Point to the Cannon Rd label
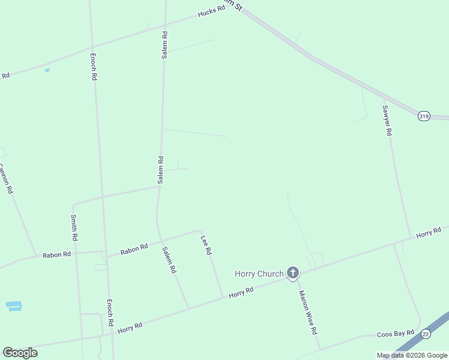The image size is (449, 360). click(5, 178)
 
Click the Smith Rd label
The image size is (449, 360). click(74, 227)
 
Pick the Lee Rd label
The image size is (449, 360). click(206, 245)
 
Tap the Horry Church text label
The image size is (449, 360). click(259, 274)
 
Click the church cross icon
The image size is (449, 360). click(292, 274)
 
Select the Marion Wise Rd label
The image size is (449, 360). click(308, 312)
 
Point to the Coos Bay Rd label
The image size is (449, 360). click(396, 334)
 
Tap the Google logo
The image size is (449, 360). click(20, 352)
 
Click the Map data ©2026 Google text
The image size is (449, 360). click(412, 355)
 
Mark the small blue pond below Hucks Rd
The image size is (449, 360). click(47, 70)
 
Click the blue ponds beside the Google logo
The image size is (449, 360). click(14, 306)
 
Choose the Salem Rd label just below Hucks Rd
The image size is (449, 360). click(164, 44)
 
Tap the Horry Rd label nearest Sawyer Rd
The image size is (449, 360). click(429, 232)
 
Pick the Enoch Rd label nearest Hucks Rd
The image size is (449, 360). click(94, 67)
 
